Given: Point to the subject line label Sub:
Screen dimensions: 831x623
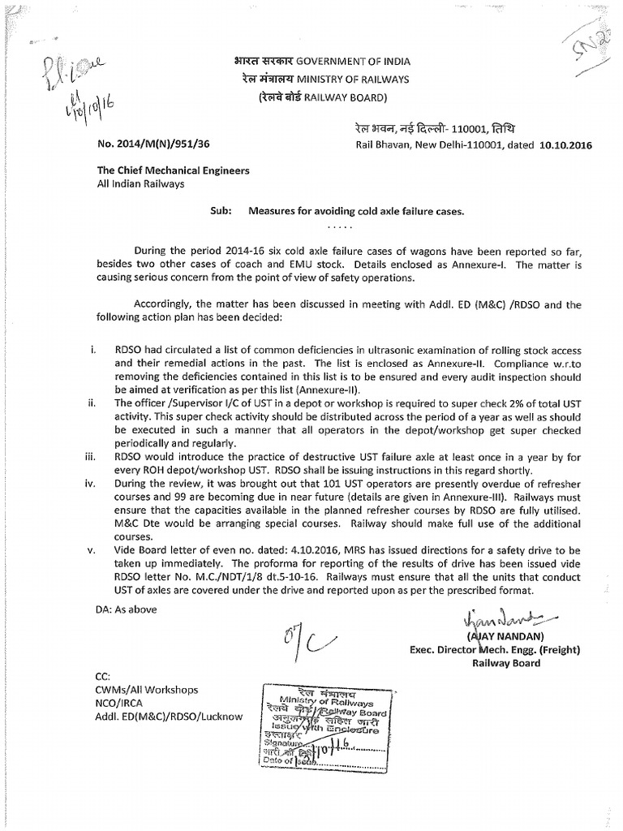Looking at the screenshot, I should (x=221, y=210).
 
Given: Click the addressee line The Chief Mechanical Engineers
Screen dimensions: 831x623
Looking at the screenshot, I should (x=174, y=171).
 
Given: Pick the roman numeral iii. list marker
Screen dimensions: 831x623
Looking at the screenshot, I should (x=90, y=457).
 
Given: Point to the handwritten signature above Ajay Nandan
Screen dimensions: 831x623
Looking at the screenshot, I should (x=495, y=618).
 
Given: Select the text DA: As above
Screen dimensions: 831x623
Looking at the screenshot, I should (x=126, y=609).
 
